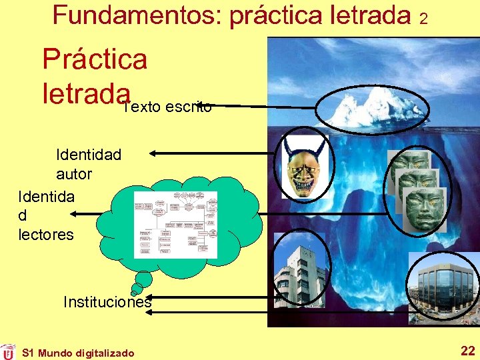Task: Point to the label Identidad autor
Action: click(x=88, y=164)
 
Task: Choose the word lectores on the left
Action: click(x=46, y=235)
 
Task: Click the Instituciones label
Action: click(x=107, y=302)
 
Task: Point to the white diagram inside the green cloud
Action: click(x=175, y=225)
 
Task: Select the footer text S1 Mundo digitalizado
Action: click(x=78, y=353)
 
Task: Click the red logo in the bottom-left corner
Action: click(x=8, y=351)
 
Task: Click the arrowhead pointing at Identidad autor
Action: click(x=153, y=153)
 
